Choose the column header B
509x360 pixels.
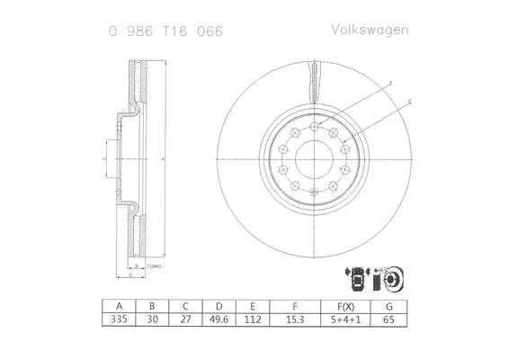152,305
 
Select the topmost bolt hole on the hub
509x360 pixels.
314,129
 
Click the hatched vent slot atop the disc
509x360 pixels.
314,82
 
